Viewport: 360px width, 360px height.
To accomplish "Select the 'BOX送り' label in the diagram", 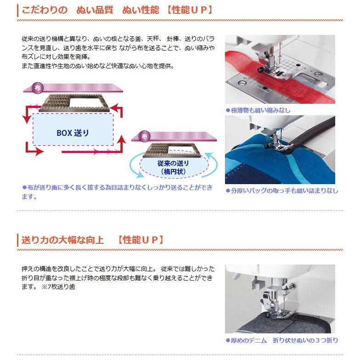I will (x=73, y=133).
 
